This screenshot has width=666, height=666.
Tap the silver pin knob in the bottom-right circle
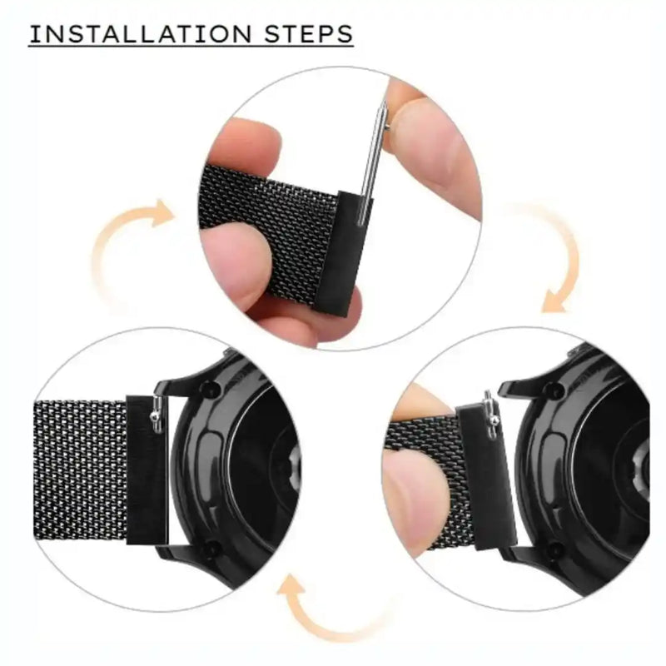pyautogui.click(x=494, y=424)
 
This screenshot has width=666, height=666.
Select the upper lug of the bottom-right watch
pyautogui.click(x=533, y=387)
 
